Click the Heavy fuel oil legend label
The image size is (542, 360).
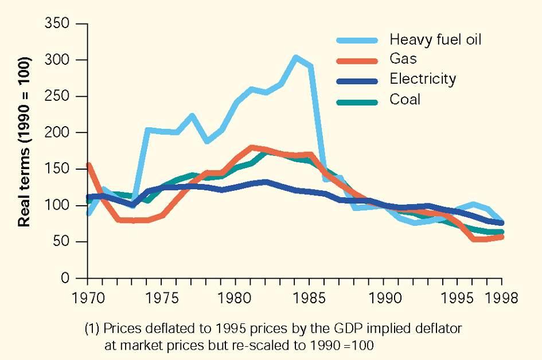click(435, 40)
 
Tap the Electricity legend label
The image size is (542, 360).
click(423, 78)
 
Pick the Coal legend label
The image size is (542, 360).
click(405, 99)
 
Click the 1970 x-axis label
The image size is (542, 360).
click(88, 298)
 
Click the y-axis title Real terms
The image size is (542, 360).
click(25, 142)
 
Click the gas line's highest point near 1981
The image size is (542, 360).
click(251, 147)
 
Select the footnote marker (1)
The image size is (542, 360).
click(93, 329)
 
